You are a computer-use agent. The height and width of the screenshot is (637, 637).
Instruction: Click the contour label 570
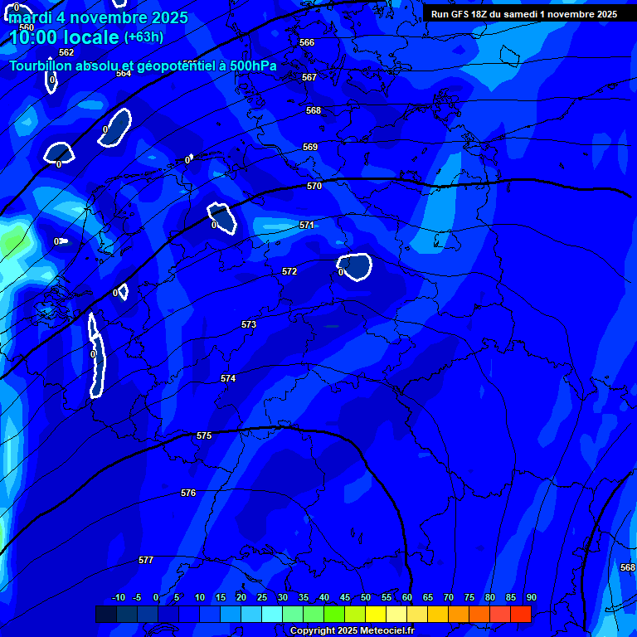[x=314, y=187]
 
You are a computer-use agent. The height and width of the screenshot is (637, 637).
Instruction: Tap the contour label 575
[x=204, y=435]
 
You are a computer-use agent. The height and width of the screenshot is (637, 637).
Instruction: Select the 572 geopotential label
[x=289, y=271]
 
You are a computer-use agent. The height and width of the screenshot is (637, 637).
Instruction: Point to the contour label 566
[x=307, y=42]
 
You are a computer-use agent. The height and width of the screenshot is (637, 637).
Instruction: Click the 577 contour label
[x=146, y=560]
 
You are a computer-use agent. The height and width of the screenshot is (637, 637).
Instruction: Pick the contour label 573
[x=249, y=324]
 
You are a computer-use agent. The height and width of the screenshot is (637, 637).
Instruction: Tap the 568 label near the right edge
[x=627, y=567]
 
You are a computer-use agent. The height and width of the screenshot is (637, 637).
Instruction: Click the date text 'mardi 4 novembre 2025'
[x=98, y=17]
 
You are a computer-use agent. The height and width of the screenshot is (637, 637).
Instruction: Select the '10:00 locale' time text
[x=64, y=37]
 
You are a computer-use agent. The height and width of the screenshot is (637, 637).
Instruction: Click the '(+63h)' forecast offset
[x=143, y=37]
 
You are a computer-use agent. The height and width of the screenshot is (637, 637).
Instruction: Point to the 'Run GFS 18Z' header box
[x=523, y=14]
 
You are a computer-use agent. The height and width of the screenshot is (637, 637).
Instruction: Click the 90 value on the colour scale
[x=531, y=597]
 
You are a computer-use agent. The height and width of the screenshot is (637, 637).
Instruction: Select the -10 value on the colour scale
[x=118, y=597]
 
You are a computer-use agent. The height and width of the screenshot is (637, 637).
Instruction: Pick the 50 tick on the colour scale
[x=365, y=597]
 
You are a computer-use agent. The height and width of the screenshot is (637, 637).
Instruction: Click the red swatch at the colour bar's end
[x=520, y=614]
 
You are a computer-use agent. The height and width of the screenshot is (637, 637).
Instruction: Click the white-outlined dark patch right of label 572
[x=356, y=266]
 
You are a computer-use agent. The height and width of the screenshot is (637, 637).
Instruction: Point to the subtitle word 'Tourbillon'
[x=40, y=66]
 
